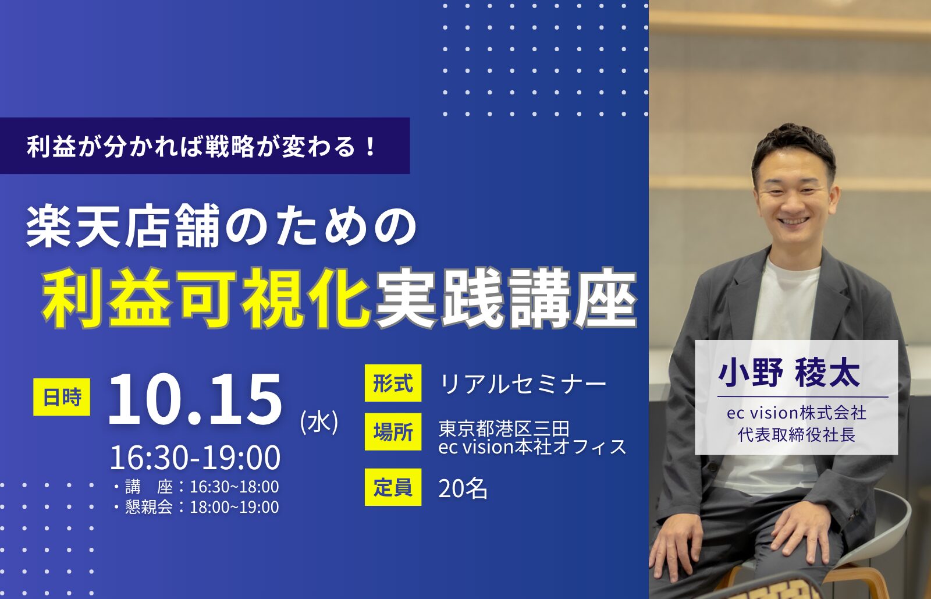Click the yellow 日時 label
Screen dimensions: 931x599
[x=62, y=397]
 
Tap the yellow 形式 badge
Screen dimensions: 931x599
[x=393, y=383]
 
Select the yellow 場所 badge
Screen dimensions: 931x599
[x=393, y=431]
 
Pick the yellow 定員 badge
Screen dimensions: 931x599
[x=393, y=487]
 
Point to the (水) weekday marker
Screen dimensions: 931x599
[x=319, y=423]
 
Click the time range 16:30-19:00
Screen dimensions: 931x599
[x=195, y=458]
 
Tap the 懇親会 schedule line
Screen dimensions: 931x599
[x=196, y=507]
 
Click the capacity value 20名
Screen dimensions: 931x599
[x=463, y=488]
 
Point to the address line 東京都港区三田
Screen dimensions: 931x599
[x=504, y=428]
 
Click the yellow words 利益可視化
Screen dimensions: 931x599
[x=206, y=298]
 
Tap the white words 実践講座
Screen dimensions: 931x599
[x=506, y=298]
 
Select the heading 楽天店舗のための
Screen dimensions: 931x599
[x=221, y=228]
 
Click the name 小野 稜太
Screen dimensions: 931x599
[x=789, y=373]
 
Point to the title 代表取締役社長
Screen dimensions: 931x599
[x=797, y=435]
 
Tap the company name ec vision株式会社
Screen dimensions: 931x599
[x=797, y=413]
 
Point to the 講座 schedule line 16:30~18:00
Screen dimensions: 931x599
[x=196, y=487]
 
